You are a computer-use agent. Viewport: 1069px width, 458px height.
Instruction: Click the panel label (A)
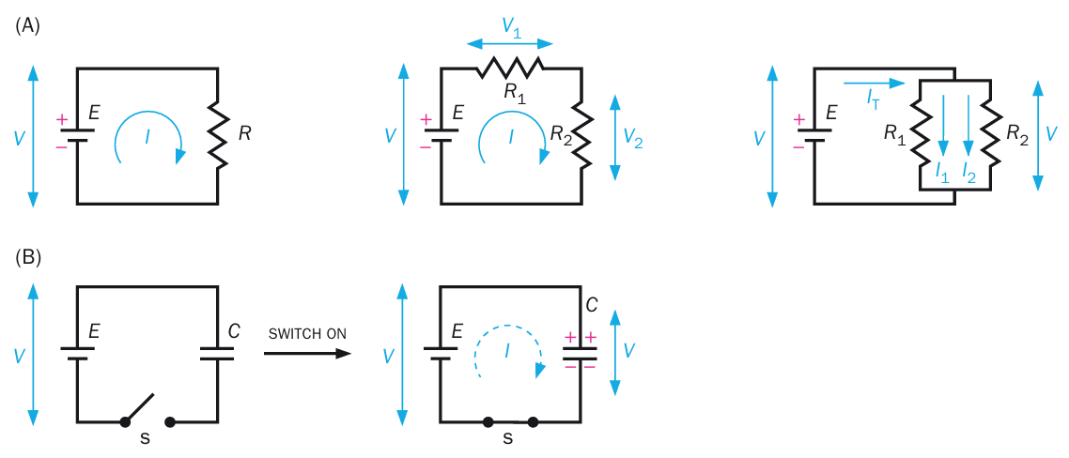(27, 26)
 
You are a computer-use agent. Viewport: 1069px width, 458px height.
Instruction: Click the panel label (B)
(27, 256)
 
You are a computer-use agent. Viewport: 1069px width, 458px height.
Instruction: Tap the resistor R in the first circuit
(218, 134)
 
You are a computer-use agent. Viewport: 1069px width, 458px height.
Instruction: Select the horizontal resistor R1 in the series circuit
(510, 68)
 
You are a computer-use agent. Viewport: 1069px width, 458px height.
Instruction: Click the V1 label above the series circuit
(511, 27)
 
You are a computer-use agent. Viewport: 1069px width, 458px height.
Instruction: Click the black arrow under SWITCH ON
(307, 354)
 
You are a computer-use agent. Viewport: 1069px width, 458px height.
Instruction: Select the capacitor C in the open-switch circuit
(218, 353)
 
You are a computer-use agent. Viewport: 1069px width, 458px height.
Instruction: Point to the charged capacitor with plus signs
(581, 353)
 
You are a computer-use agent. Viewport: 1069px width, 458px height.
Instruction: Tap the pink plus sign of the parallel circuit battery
(798, 120)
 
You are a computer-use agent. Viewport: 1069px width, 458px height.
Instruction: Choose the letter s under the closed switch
(508, 438)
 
